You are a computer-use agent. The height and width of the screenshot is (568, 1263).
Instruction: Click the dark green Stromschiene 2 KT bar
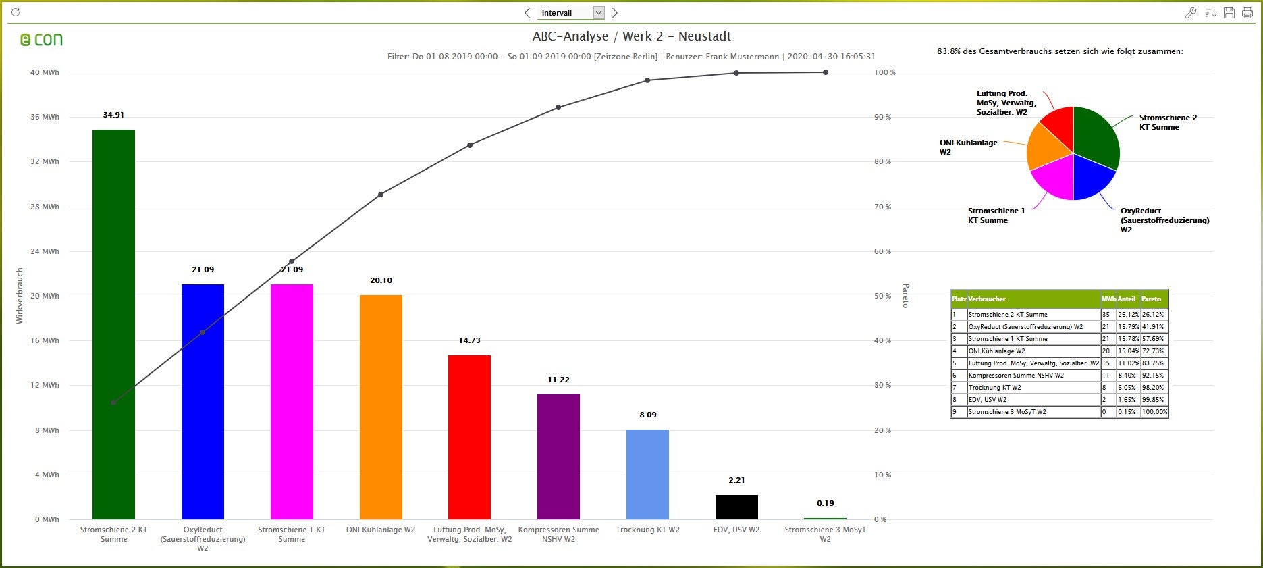tap(113, 324)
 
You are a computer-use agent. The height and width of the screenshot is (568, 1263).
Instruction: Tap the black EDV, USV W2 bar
tap(736, 507)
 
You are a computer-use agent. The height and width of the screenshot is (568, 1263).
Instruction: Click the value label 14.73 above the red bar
tap(469, 340)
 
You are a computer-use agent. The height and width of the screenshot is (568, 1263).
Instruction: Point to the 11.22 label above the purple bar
tap(558, 380)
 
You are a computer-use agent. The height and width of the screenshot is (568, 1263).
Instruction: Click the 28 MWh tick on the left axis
tap(45, 207)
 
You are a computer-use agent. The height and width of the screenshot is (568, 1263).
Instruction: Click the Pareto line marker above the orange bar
tap(381, 195)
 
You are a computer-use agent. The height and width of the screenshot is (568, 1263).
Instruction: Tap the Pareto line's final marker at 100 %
tap(826, 72)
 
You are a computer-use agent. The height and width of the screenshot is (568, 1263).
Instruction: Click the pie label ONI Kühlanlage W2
tap(968, 147)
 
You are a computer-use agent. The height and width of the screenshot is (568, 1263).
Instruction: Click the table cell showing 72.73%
tap(1152, 351)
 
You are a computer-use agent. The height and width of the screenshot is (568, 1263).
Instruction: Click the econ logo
tap(42, 40)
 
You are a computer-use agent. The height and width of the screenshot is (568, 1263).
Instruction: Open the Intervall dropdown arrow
tap(598, 13)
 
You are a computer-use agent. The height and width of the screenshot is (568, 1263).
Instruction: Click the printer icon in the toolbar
tap(1247, 13)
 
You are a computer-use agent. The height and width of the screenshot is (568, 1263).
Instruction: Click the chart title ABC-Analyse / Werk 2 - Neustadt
tap(631, 36)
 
